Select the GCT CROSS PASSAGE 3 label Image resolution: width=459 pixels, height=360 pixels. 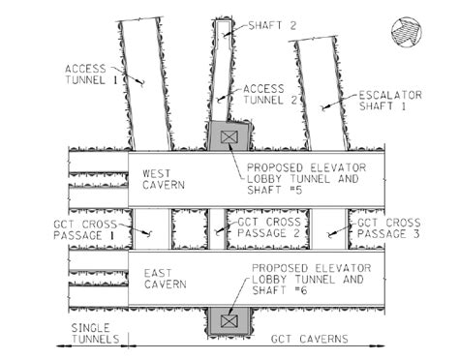tap(394, 228)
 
